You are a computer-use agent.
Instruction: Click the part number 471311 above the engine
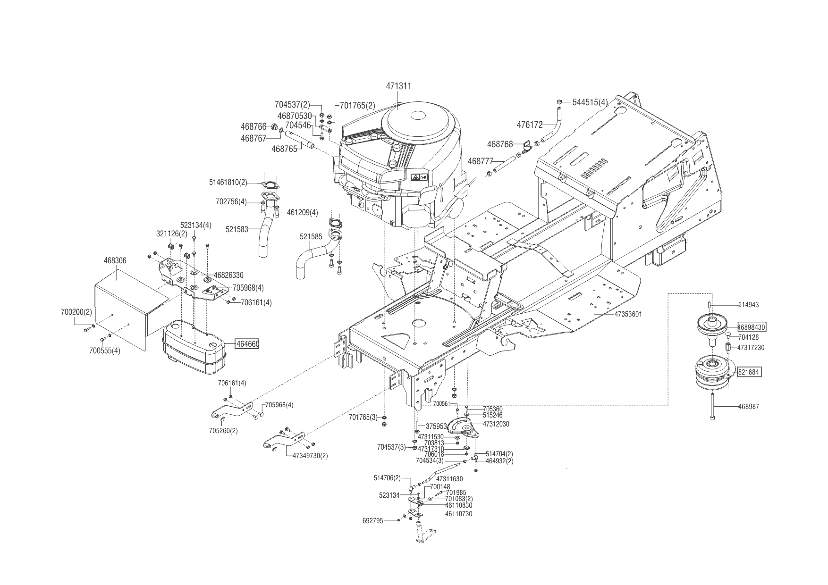(398, 86)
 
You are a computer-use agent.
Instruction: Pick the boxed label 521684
(749, 372)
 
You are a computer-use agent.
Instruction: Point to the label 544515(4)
(590, 102)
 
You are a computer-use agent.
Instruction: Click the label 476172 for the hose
(530, 125)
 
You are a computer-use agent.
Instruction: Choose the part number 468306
(115, 260)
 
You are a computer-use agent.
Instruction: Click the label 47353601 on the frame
(628, 314)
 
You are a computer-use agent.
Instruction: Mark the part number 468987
(749, 406)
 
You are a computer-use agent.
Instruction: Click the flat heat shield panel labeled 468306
(127, 307)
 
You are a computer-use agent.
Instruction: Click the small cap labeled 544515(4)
(559, 102)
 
